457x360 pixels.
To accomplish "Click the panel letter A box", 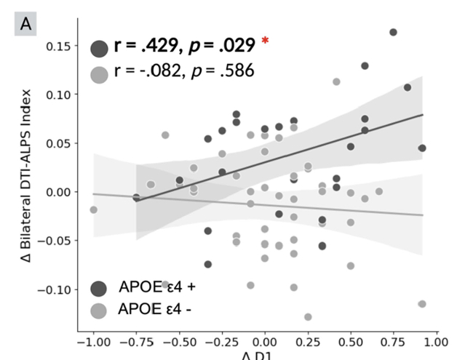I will pyautogui.click(x=23, y=25).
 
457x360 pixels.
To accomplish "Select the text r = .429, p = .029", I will pyautogui.click(x=184, y=47).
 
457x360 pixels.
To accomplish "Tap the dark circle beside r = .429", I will pyautogui.click(x=99, y=48).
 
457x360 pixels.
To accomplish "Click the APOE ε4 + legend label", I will pyautogui.click(x=156, y=286).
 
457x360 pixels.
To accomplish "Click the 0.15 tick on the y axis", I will pyautogui.click(x=57, y=46).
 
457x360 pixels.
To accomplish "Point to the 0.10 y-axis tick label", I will pyautogui.click(x=57, y=95).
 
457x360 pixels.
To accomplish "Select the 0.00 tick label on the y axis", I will pyautogui.click(x=57, y=192).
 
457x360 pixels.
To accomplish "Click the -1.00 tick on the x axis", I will pyautogui.click(x=92, y=342).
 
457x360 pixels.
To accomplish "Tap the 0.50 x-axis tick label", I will pyautogui.click(x=351, y=342).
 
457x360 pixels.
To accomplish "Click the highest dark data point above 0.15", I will pyautogui.click(x=393, y=32).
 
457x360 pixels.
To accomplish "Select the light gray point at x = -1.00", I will pyautogui.click(x=93, y=209).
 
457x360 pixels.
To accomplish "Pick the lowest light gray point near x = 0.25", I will pyautogui.click(x=308, y=316).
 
